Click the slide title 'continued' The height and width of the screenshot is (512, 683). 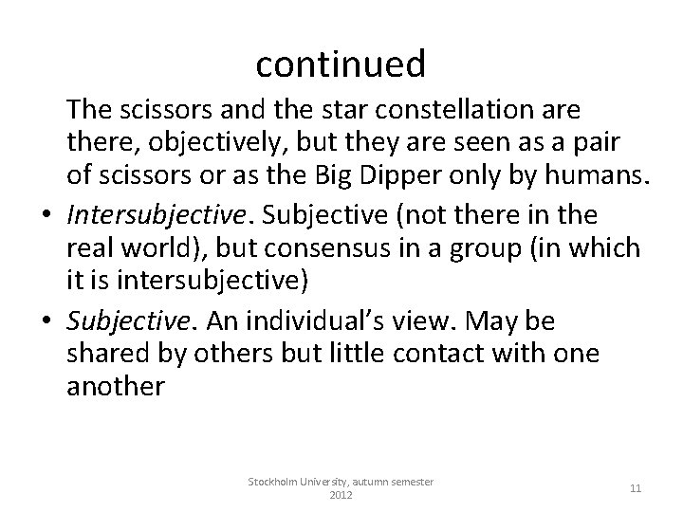[341, 64]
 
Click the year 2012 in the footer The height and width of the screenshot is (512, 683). [341, 495]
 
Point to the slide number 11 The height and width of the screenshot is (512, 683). [636, 488]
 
